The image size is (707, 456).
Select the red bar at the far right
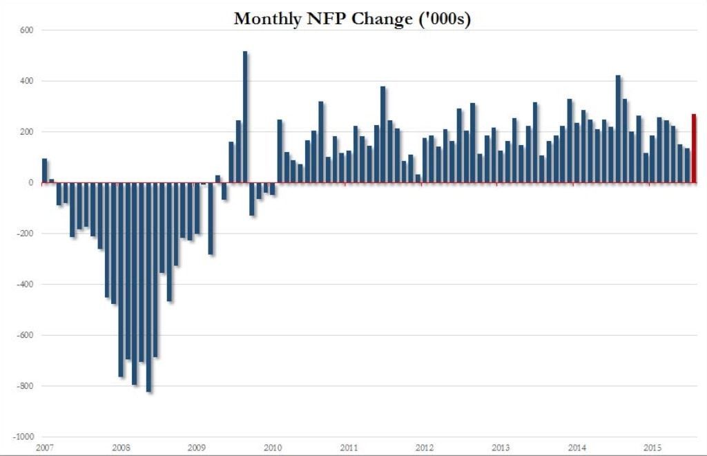695,149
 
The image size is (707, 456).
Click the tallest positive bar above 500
245,117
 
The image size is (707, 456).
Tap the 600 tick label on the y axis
28,30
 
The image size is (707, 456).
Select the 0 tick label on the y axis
31,183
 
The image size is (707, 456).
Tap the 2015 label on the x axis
653,447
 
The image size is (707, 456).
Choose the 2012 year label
425,447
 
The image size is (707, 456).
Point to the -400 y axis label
26,285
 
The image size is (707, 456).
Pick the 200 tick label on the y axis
28,132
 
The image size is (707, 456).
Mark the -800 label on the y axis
26,386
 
